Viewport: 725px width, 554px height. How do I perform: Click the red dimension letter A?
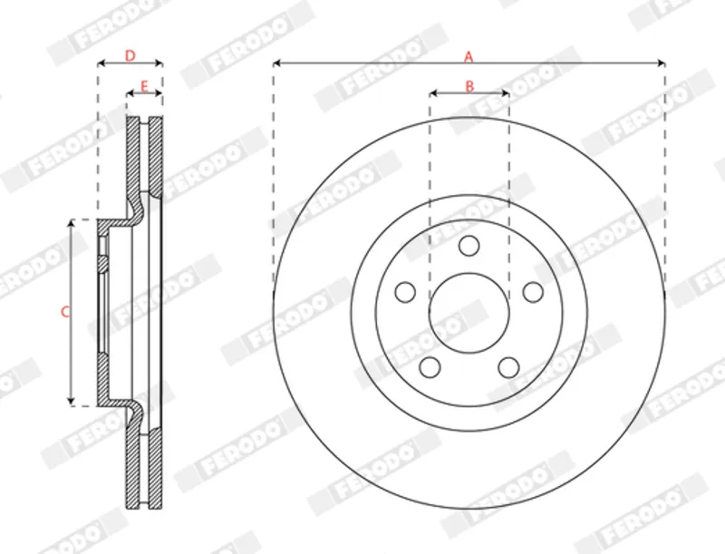(469, 57)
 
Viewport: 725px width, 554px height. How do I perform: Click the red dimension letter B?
(469, 86)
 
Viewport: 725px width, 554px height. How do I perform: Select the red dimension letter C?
(65, 312)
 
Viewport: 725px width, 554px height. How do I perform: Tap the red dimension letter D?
(130, 56)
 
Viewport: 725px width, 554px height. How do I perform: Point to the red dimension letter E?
(144, 86)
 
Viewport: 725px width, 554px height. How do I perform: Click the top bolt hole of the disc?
(469, 246)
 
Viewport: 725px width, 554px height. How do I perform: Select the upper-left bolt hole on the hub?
(405, 292)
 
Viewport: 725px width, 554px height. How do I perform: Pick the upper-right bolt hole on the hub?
(533, 292)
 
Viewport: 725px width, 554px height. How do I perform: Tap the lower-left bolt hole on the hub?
(430, 367)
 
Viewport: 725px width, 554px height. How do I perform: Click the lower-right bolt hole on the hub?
(508, 367)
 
